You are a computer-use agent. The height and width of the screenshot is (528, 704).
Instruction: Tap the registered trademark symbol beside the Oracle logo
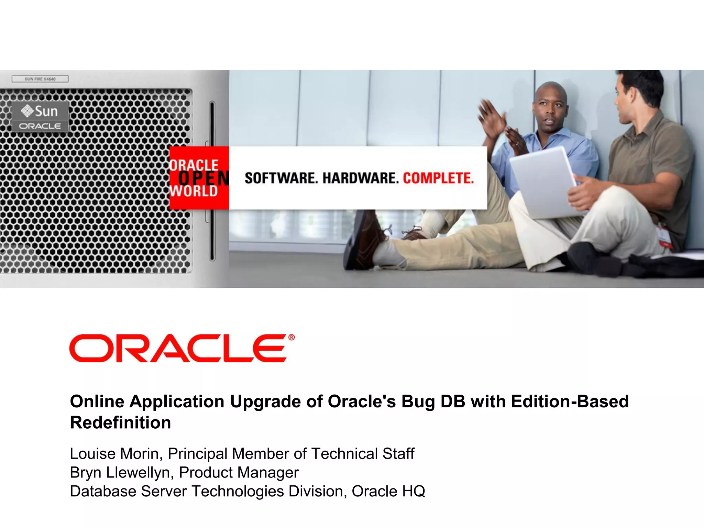[x=291, y=337]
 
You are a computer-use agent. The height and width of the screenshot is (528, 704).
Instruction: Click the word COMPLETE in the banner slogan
[x=438, y=178]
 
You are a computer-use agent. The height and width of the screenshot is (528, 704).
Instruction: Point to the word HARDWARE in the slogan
[x=360, y=178]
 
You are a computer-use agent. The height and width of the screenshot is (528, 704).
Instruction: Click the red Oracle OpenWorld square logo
[x=199, y=178]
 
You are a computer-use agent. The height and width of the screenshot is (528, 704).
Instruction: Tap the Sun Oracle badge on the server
[x=41, y=117]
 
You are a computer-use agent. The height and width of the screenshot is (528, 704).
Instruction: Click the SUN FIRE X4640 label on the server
[x=40, y=79]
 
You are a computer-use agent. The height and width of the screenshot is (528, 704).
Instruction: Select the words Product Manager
[x=239, y=473]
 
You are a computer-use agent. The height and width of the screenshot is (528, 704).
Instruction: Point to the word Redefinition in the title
[x=120, y=422]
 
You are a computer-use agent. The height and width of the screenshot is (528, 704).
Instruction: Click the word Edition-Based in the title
[x=570, y=401]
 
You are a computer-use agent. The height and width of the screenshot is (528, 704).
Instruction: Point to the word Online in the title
[x=97, y=401]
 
